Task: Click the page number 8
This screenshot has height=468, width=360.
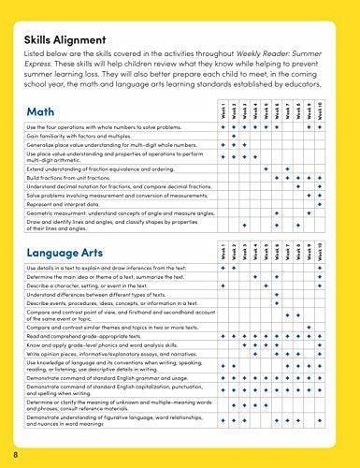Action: pyautogui.click(x=16, y=454)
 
